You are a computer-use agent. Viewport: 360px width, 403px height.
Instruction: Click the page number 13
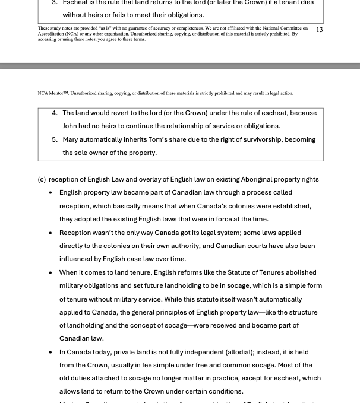click(320, 30)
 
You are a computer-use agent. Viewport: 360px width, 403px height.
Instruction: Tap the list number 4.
click(55, 113)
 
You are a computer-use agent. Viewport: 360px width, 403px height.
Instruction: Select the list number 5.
click(55, 139)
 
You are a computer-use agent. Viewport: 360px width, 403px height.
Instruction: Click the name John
click(71, 126)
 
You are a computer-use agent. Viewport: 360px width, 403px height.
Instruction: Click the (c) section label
click(42, 179)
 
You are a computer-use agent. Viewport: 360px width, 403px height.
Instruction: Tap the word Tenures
click(251, 272)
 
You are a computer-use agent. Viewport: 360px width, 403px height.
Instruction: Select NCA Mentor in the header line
click(52, 93)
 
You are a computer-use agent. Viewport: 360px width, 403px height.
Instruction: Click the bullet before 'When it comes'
click(50, 273)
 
